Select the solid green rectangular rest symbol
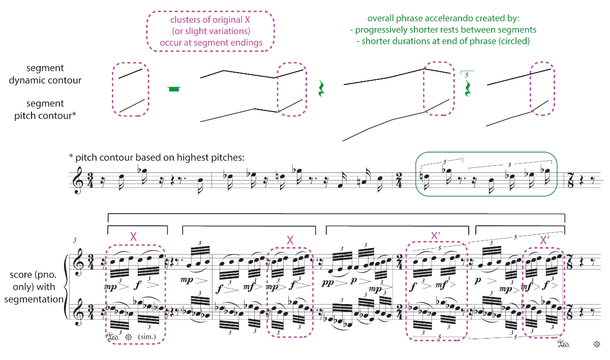tap(174, 89)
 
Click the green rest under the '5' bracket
tap(468, 88)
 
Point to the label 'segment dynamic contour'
tap(45, 74)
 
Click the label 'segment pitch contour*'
tap(45, 109)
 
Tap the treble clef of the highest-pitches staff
tap(78, 181)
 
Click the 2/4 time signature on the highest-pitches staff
tap(399, 181)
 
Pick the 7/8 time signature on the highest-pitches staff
tap(570, 181)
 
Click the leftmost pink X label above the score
tap(133, 237)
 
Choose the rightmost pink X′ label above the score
tap(544, 240)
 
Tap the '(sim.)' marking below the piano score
tap(147, 337)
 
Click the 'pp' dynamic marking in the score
tap(327, 283)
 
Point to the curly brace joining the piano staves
tap(66, 287)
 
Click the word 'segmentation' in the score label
tap(34, 299)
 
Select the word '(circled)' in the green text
tap(514, 41)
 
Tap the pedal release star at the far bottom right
tap(597, 344)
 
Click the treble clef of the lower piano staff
tap(79, 312)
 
